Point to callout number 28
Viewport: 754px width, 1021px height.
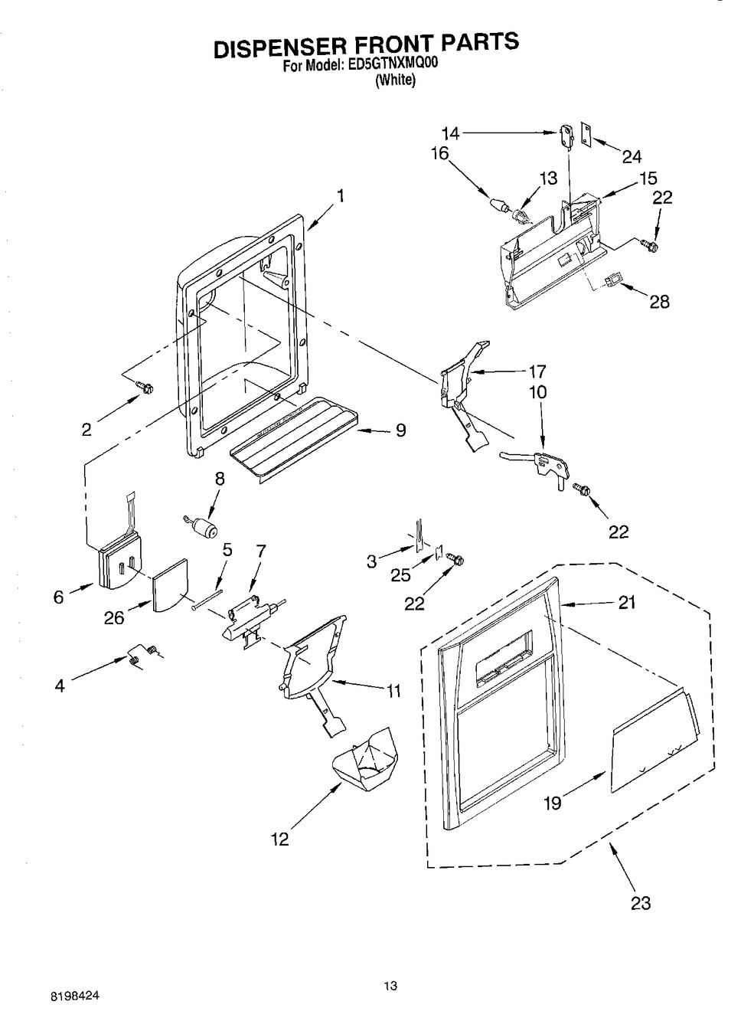point(659,302)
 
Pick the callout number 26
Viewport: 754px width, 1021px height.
point(114,618)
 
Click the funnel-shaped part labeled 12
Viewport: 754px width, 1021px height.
point(366,761)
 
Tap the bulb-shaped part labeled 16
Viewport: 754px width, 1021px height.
point(498,204)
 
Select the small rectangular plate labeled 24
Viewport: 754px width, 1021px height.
point(585,134)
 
